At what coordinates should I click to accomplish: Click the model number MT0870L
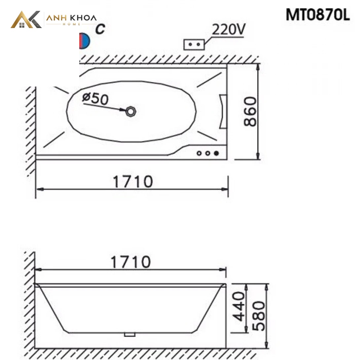click(x=318, y=15)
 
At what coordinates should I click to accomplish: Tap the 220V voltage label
click(x=229, y=29)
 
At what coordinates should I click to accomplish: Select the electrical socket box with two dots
click(x=194, y=44)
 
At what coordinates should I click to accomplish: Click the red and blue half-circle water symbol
click(x=85, y=41)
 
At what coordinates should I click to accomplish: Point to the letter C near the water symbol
click(x=100, y=29)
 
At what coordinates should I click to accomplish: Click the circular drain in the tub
click(x=131, y=112)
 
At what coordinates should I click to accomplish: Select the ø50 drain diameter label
click(x=95, y=99)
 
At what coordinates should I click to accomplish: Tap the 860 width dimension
click(x=250, y=111)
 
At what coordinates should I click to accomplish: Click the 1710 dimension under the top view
click(x=133, y=182)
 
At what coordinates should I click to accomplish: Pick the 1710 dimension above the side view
click(x=131, y=262)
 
